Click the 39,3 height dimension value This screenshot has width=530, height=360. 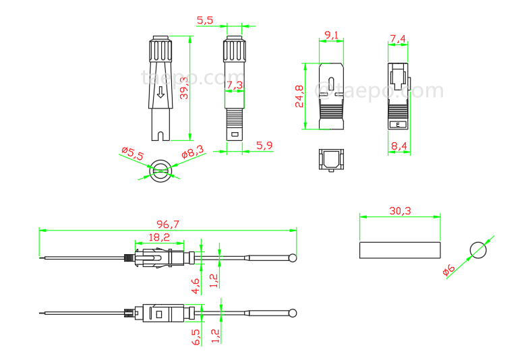[183, 88]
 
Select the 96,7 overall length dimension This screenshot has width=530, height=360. [167, 223]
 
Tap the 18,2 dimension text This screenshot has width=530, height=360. [159, 237]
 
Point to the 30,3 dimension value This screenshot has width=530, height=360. [400, 211]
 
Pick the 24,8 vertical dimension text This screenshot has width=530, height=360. [299, 96]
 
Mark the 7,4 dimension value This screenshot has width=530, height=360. [398, 39]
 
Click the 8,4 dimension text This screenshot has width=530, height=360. [399, 145]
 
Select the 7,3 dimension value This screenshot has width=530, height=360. [234, 85]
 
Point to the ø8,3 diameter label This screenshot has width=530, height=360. [192, 154]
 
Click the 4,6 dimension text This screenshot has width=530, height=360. [196, 286]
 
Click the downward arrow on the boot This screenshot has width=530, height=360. [160, 94]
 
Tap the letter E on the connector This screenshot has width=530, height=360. [398, 125]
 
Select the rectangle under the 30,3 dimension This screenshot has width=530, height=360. [400, 249]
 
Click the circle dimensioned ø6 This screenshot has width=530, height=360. [478, 249]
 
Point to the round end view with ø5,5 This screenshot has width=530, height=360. [160, 169]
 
